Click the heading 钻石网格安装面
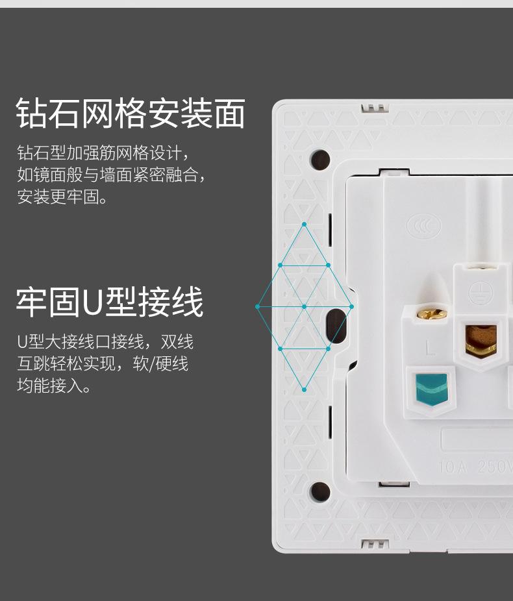[131, 114]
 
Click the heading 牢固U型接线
[110, 302]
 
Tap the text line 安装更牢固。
[62, 197]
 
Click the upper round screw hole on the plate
[320, 159]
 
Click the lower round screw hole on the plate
[319, 491]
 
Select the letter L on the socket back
[430, 348]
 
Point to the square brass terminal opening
[481, 339]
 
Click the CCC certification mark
[424, 227]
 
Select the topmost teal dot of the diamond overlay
[304, 225]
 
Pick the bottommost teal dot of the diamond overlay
[304, 389]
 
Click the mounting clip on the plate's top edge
[374, 106]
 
